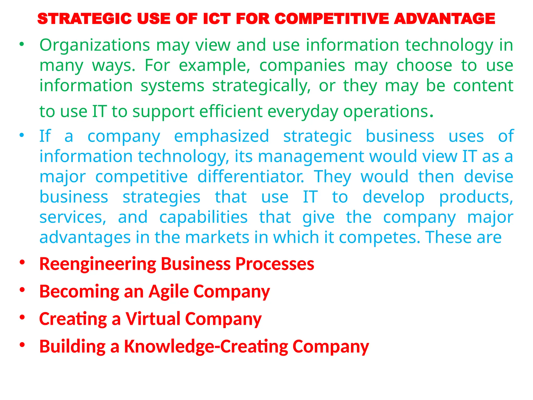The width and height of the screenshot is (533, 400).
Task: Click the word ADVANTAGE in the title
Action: [444, 19]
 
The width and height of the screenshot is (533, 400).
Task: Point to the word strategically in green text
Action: [261, 86]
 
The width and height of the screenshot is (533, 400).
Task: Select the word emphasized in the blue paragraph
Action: [221, 136]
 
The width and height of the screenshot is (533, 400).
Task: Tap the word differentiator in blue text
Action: [251, 177]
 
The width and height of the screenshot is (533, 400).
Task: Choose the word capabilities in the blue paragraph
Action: [203, 217]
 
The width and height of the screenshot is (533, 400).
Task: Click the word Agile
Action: [168, 292]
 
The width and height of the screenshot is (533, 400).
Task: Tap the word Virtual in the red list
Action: [153, 319]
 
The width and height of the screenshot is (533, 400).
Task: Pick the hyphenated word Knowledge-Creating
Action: [206, 347]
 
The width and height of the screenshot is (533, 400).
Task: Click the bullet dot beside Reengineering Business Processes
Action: [22, 262]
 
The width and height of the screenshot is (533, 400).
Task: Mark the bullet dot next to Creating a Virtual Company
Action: [22, 317]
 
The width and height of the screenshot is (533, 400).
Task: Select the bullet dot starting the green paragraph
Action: [22, 44]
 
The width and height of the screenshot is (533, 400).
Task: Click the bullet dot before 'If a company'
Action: [22, 135]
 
